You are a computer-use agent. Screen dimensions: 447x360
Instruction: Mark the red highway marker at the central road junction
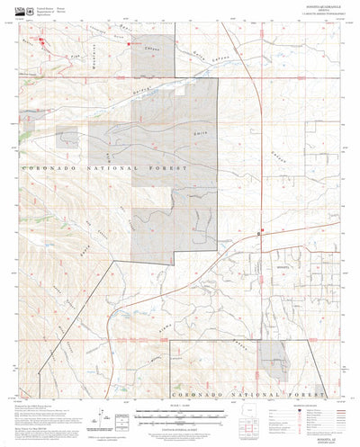259,233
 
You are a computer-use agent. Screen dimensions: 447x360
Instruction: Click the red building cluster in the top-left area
39,40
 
